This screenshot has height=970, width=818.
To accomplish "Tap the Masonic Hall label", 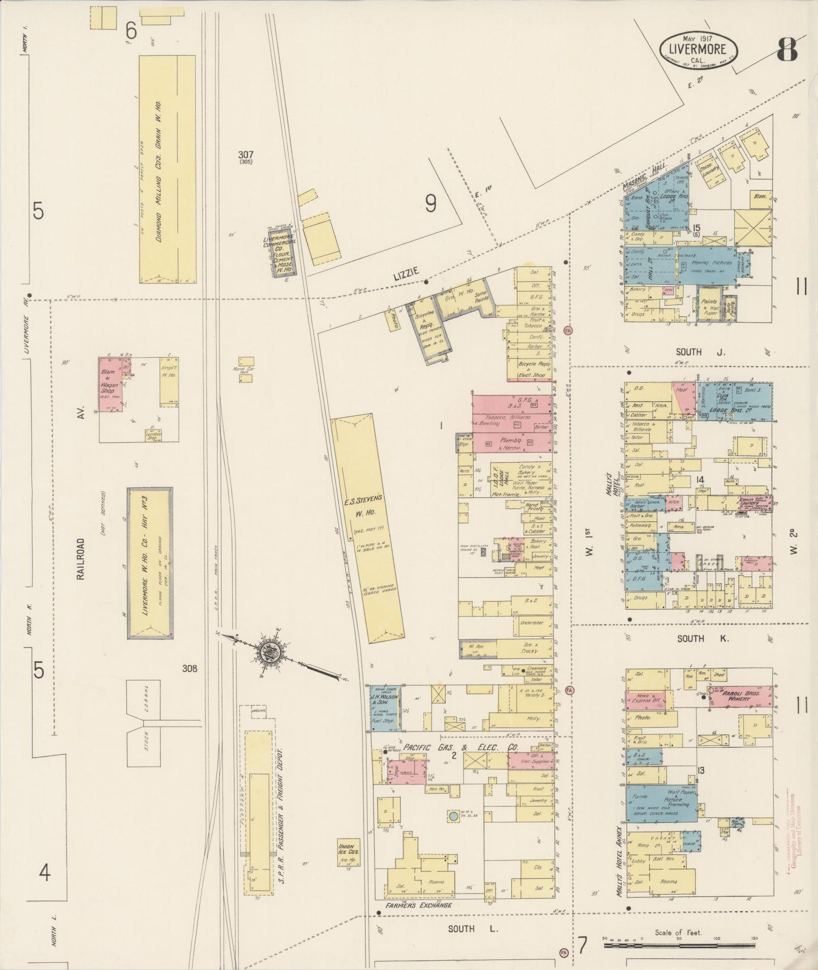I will [646, 178].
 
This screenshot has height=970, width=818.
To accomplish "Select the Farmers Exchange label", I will [419, 906].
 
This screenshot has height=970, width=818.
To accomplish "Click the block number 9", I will [431, 203].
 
